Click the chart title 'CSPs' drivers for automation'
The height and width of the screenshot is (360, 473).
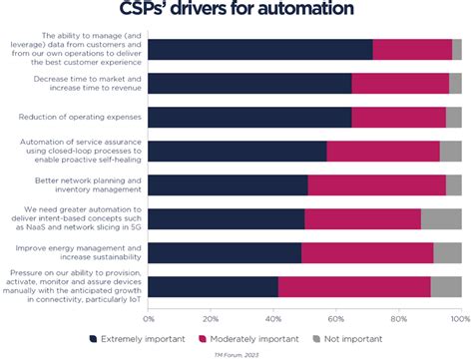coord(236,11)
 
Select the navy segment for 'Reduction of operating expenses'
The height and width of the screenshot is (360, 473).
coord(249,118)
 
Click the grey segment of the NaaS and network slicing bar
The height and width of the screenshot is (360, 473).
coord(440,219)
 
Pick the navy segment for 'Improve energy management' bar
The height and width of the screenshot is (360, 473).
coord(225,253)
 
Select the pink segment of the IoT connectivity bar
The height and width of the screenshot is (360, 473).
coord(354,286)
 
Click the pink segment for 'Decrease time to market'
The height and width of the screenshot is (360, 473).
coord(399,84)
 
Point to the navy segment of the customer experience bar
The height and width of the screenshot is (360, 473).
coord(259,50)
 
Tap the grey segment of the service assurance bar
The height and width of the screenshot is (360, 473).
coord(450,152)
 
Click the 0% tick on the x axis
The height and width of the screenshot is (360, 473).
coord(149,318)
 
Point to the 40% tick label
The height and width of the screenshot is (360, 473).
coord(272,318)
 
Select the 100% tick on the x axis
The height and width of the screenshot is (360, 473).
coord(458,318)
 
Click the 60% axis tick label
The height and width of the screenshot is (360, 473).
coord(335,318)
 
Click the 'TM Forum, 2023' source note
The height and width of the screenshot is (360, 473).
coord(236,353)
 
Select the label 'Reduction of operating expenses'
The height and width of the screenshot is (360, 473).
coord(79,118)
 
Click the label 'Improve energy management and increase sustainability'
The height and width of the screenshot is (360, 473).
coord(79,252)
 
